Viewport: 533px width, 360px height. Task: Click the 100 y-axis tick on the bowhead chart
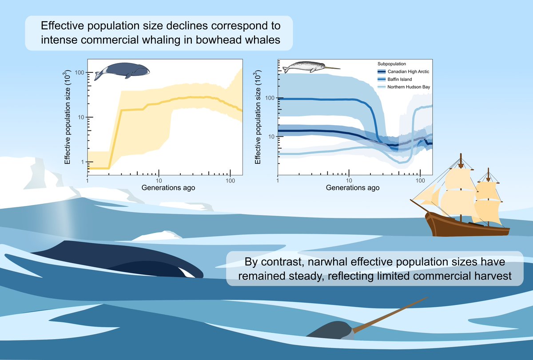tap(79, 72)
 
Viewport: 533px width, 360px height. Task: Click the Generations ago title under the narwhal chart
tap(353, 188)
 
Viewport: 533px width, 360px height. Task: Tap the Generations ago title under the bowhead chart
tap(168, 188)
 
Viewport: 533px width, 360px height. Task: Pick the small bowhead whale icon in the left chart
tap(121, 71)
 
